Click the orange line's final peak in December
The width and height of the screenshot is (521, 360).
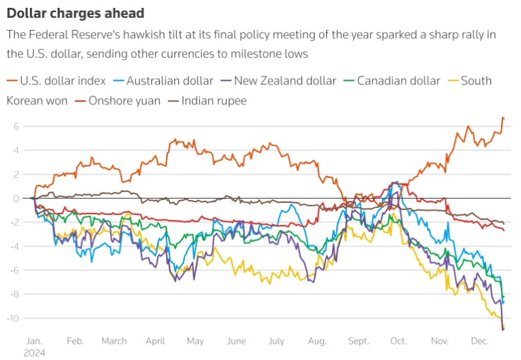point(502,117)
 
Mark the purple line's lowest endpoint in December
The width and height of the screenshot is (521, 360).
point(503,329)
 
